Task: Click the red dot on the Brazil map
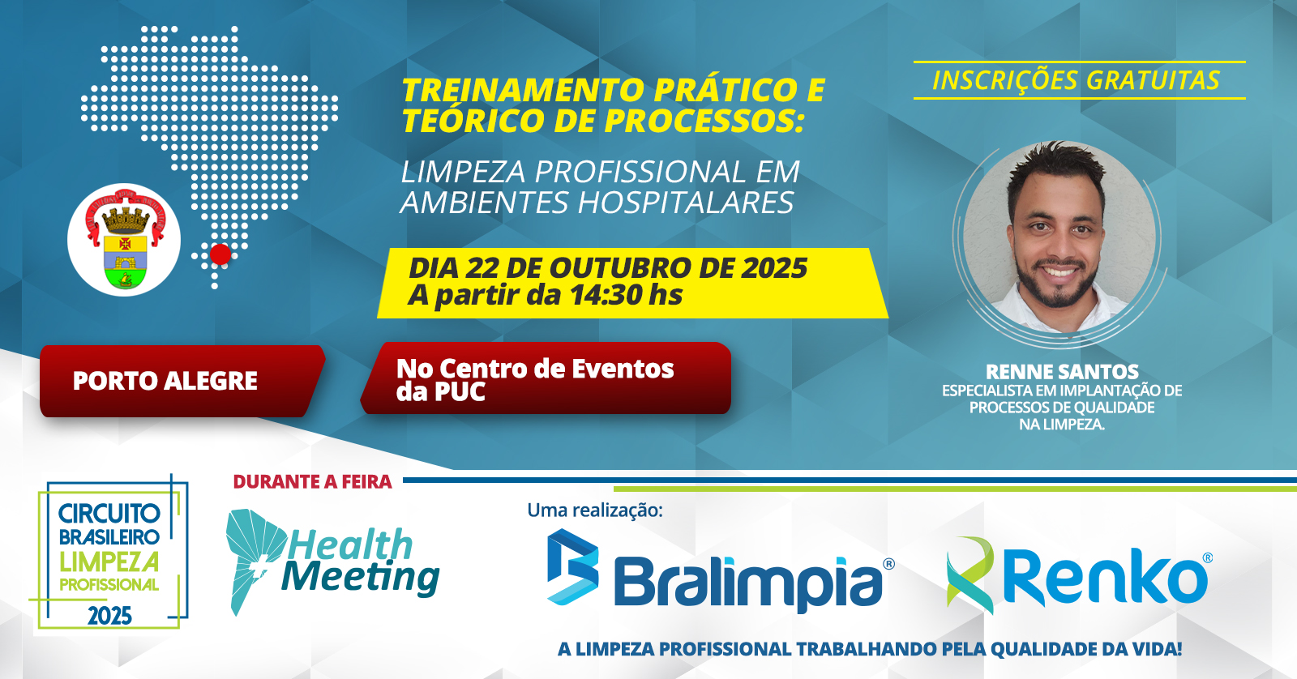point(220,254)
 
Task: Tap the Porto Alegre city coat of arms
point(125,239)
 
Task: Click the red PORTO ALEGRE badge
point(182,381)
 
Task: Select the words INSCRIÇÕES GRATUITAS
point(1077,80)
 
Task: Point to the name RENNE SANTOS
point(1062,371)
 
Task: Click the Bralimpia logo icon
point(572,566)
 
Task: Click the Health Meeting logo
point(332,562)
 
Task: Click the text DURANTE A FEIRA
point(313,481)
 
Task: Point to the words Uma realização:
point(595,510)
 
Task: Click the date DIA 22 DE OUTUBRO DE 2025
point(608,267)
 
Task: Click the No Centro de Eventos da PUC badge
point(546,378)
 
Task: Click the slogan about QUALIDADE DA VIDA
point(869,649)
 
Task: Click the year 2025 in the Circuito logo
point(110,616)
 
